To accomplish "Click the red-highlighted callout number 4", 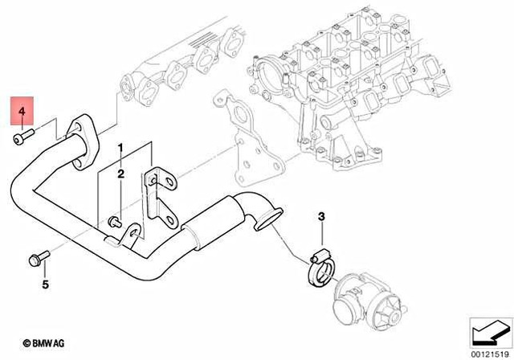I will click(x=22, y=112).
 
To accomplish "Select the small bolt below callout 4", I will click(x=22, y=138).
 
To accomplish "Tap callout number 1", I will click(x=120, y=149).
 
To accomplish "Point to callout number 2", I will click(x=120, y=174).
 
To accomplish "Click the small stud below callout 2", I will click(x=115, y=219).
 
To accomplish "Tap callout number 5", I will click(x=45, y=284).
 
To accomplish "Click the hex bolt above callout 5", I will click(x=37, y=259).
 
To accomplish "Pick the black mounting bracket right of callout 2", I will click(x=160, y=201).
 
